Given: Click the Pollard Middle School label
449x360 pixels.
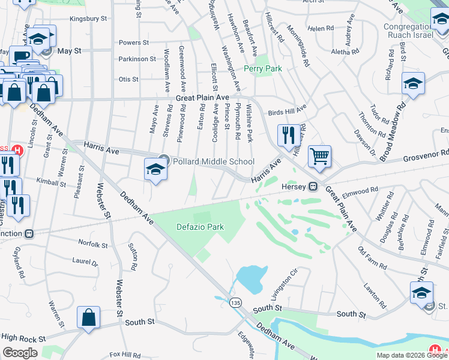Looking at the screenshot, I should [213, 161].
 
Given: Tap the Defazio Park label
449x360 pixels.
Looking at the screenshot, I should [200, 227].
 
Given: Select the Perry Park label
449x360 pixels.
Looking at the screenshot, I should [262, 69].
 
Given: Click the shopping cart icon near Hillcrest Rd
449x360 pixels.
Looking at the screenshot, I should [320, 157].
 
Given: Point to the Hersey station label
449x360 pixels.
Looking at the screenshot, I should [294, 187].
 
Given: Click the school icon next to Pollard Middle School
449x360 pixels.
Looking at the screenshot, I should [155, 170].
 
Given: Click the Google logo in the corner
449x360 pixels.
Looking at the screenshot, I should [20, 353].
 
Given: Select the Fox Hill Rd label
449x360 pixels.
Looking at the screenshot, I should [125, 355].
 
